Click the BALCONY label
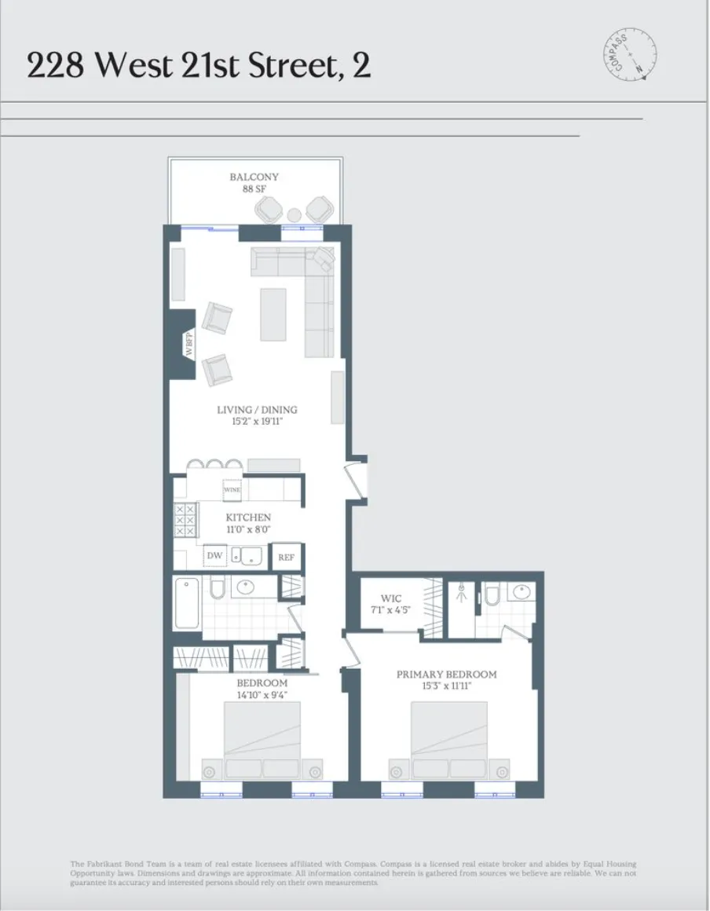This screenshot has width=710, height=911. (254, 177)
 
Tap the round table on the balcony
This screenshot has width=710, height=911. (294, 214)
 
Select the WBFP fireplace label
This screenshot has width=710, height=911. (189, 346)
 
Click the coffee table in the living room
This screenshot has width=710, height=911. (273, 314)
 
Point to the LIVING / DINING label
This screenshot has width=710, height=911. (257, 410)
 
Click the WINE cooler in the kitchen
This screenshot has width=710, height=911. (232, 489)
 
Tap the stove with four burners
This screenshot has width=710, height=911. (185, 521)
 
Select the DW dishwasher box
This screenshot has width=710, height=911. (214, 557)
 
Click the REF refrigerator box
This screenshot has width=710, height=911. (287, 558)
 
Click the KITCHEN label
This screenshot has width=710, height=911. (248, 518)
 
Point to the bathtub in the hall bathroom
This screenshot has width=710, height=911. (188, 603)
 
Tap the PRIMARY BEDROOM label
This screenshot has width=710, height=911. (446, 675)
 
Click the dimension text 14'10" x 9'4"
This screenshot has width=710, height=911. (262, 694)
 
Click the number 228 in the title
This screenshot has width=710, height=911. (56, 66)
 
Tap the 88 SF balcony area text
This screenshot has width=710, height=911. (254, 189)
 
